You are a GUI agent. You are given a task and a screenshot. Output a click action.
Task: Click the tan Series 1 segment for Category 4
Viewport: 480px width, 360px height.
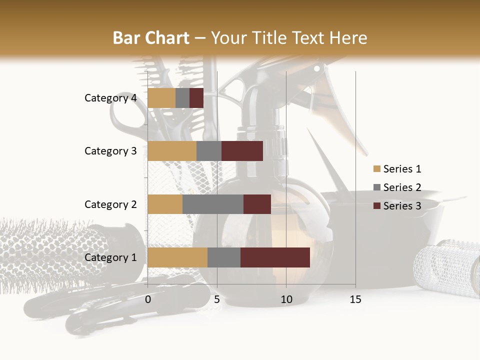pyautogui.click(x=161, y=98)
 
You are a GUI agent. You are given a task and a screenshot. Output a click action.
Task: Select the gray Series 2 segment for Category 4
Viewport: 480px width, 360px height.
pyautogui.click(x=182, y=98)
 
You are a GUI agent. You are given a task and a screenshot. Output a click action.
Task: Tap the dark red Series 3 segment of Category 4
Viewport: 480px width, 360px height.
pyautogui.click(x=196, y=98)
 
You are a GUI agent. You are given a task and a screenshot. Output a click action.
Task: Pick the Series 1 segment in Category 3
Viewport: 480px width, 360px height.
pyautogui.click(x=172, y=151)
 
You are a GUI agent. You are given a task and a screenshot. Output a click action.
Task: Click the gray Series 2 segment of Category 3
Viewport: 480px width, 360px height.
pyautogui.click(x=209, y=151)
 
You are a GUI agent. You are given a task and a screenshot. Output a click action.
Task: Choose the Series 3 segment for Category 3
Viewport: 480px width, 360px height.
pyautogui.click(x=242, y=151)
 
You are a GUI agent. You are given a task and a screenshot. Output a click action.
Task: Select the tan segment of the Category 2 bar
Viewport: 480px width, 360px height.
pyautogui.click(x=165, y=204)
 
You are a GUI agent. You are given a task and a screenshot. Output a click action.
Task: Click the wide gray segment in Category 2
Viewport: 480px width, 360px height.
pyautogui.click(x=213, y=204)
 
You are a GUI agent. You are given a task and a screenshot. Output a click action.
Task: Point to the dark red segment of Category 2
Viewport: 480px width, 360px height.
pyautogui.click(x=257, y=204)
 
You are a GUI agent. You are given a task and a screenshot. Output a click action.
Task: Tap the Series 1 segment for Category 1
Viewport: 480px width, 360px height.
pyautogui.click(x=177, y=257)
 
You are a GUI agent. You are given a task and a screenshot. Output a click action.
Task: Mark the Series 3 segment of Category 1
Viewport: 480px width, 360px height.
pyautogui.click(x=275, y=257)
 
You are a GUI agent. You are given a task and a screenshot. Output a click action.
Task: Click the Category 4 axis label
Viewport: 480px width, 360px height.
pyautogui.click(x=110, y=98)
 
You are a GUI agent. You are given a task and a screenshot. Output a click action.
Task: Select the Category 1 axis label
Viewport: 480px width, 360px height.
pyautogui.click(x=110, y=257)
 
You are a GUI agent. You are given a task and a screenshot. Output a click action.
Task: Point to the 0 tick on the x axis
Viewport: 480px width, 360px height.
pyautogui.click(x=148, y=299)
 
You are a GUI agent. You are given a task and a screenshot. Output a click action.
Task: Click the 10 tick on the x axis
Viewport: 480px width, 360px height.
pyautogui.click(x=286, y=299)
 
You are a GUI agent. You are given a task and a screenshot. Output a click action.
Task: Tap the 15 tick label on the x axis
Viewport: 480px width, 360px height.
pyautogui.click(x=355, y=299)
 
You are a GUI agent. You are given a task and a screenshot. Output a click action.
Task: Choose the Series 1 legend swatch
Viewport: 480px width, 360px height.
pyautogui.click(x=376, y=169)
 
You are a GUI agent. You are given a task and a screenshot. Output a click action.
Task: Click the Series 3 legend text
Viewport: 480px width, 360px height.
pyautogui.click(x=402, y=206)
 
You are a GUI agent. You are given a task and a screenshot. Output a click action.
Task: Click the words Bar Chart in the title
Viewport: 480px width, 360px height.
pyautogui.click(x=151, y=37)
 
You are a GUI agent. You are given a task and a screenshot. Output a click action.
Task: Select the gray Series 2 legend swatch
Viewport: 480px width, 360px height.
pyautogui.click(x=376, y=187)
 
